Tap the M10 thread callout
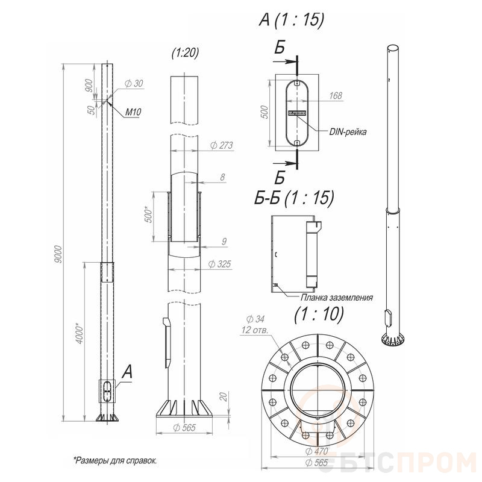pos(133,112)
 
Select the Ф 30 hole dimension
pos(134,83)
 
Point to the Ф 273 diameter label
pos(222,145)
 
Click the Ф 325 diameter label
pos(219,264)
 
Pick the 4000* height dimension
pos(80,333)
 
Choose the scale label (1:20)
pos(186,52)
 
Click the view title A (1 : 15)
pos(292,20)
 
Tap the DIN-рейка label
pos(348,132)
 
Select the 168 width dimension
pos(336,96)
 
